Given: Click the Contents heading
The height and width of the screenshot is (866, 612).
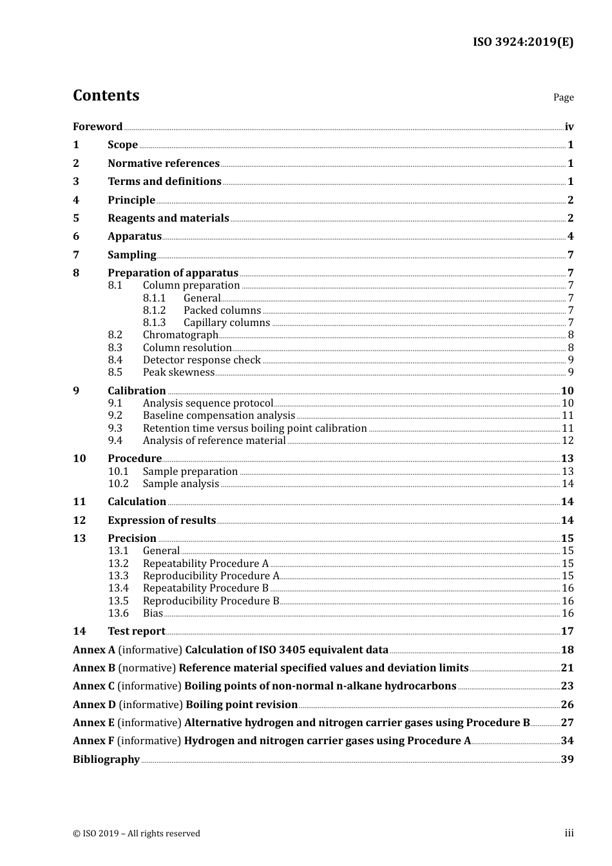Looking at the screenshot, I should [106, 95].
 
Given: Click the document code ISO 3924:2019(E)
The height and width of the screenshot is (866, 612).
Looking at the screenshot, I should [522, 42].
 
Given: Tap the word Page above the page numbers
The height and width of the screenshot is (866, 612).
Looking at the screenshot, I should [563, 97].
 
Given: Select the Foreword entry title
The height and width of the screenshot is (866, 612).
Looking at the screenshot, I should [97, 127].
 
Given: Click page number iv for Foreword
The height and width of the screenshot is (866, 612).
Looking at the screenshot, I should [569, 127].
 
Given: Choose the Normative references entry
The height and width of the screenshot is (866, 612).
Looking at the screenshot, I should [164, 164].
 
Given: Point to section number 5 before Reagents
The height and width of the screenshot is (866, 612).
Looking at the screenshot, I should [76, 218].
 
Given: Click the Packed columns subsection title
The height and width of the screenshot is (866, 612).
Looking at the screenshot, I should [222, 311].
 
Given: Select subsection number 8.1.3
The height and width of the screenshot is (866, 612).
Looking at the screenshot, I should [154, 323].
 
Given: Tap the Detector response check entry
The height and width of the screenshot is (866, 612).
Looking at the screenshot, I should [202, 360].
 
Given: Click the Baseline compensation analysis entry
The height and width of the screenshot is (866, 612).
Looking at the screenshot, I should [219, 416].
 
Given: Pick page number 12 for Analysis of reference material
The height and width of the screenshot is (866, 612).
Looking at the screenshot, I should [568, 441].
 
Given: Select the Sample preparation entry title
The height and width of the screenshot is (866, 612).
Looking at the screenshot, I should [190, 472].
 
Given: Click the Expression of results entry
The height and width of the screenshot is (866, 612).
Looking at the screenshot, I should [162, 521].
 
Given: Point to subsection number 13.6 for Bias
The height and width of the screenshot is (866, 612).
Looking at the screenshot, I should [118, 613].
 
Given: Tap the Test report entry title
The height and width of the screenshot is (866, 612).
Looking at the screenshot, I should [137, 631].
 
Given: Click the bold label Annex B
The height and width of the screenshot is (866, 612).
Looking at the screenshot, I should [94, 668].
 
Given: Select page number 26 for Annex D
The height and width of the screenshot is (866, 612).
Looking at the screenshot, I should [567, 705].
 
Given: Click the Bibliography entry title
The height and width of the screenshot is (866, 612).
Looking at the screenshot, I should [106, 760].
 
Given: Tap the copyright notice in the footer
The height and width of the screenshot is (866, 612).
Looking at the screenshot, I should [137, 834].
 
